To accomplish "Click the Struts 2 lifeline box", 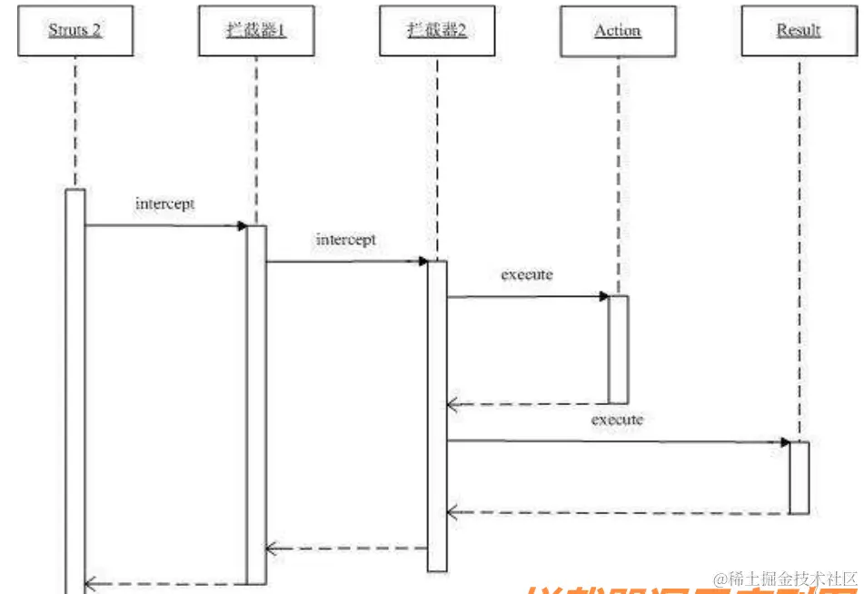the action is point(75,31).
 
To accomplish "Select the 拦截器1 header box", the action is point(256,31).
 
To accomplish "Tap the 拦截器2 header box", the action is point(436,31).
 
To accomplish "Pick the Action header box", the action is point(618,31).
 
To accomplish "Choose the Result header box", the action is point(799,31).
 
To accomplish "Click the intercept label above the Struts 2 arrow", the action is point(164,203).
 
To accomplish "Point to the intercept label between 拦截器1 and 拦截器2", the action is point(345,240).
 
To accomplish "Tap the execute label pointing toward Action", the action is point(527,273).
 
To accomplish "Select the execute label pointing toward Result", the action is point(617,420).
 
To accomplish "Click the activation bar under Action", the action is point(618,349).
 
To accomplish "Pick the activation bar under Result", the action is point(799,477).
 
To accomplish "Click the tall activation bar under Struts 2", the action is point(75,391).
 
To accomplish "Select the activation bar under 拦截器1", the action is point(256,404).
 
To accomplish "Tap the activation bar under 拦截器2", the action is point(437,415).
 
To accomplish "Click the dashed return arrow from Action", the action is point(528,403).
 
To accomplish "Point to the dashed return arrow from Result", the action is point(618,513).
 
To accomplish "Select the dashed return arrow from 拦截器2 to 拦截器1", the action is point(346,549).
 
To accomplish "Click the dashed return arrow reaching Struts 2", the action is point(165,584).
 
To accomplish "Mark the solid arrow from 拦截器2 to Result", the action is point(618,441).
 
